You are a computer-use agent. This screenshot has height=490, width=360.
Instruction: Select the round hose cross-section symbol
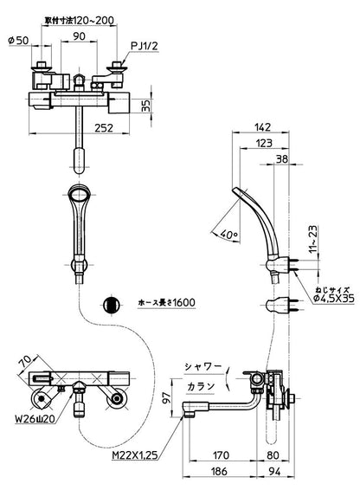pos(111,304)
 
